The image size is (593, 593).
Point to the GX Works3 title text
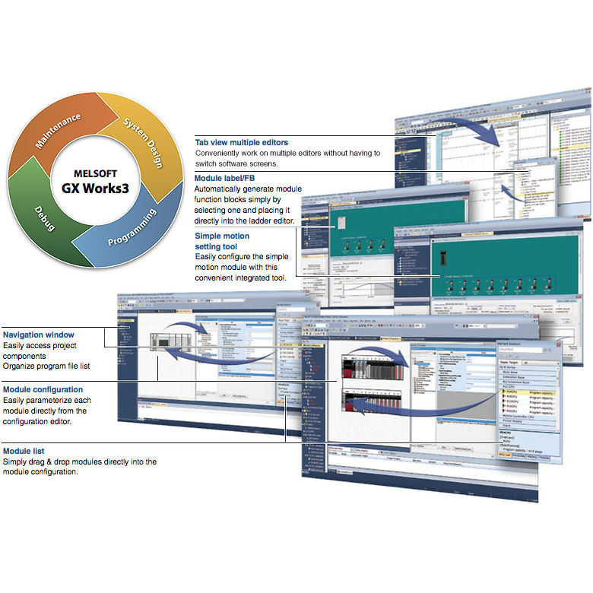coord(97,187)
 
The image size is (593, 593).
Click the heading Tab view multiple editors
coord(242,141)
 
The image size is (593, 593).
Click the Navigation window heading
coord(38,335)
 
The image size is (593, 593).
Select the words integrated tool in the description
coord(260,278)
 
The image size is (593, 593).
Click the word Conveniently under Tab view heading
coord(220,153)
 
